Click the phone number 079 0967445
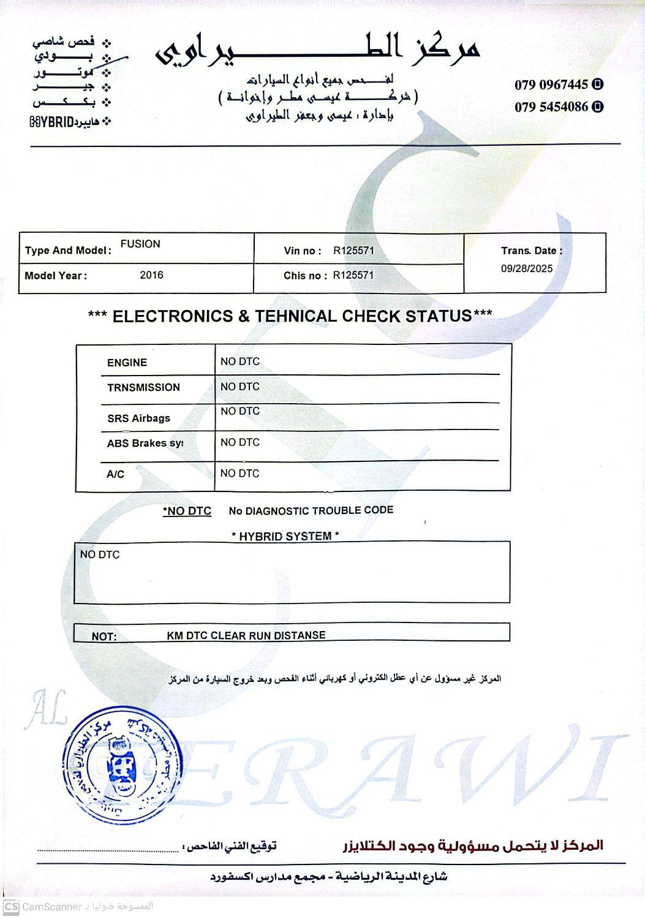[551, 85]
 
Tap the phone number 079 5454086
[551, 107]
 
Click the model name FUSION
[140, 244]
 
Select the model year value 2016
[151, 275]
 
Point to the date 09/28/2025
[526, 268]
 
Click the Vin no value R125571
[353, 251]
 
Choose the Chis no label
[305, 276]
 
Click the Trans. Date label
[531, 251]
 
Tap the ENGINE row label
[127, 363]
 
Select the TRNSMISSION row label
[143, 387]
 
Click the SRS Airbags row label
[138, 418]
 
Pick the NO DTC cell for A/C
[240, 473]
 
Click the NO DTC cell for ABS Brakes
[240, 442]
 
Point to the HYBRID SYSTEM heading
[285, 536]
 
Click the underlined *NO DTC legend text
[187, 511]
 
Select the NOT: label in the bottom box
[104, 637]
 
